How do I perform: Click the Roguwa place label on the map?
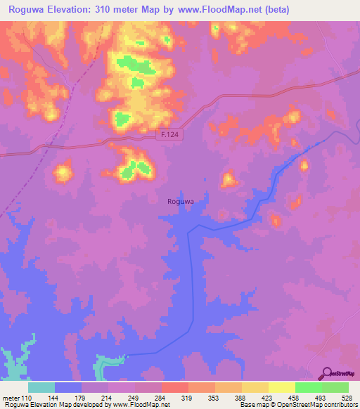pyautogui.click(x=180, y=202)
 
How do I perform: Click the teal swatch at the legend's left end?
pyautogui.click(x=41, y=387)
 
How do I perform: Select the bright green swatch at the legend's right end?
pyautogui.click(x=335, y=387)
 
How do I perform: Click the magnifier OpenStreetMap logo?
pyautogui.click(x=328, y=373)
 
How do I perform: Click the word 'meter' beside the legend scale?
pyautogui.click(x=13, y=398)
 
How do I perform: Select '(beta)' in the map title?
pyautogui.click(x=275, y=10)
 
